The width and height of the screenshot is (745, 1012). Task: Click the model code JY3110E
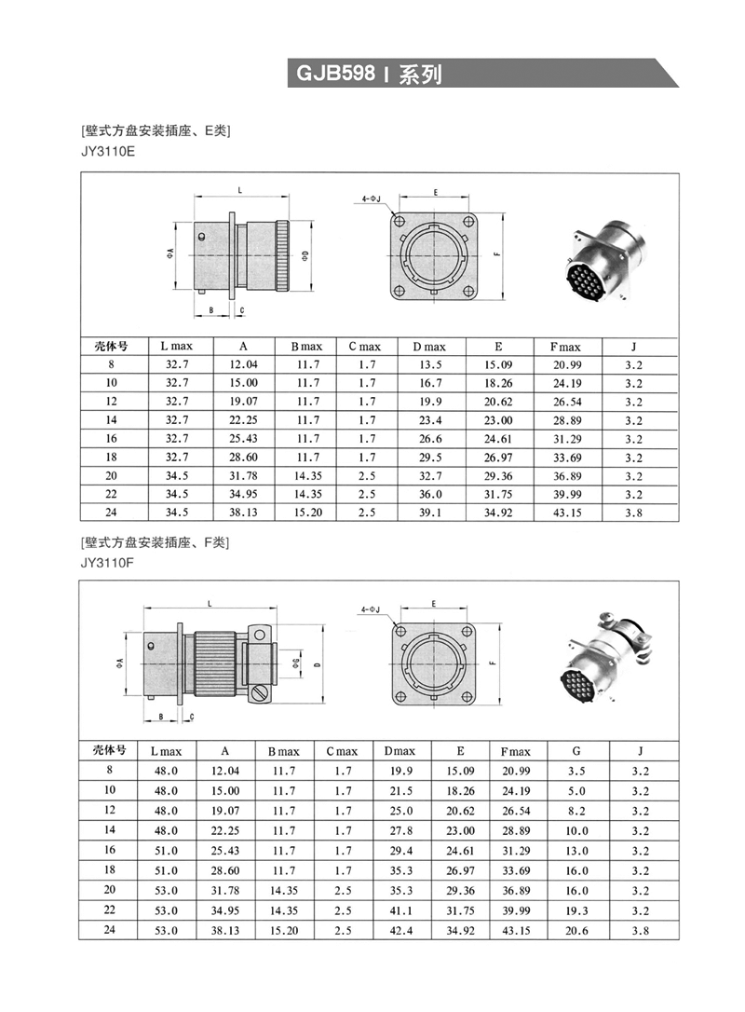tap(108, 151)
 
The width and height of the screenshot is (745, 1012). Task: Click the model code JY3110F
tap(108, 562)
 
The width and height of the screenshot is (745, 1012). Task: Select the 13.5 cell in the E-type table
tap(429, 364)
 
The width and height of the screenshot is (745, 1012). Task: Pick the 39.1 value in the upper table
tap(429, 513)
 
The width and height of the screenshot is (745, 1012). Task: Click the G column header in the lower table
tap(576, 751)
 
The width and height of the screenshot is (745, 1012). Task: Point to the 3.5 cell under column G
tap(576, 771)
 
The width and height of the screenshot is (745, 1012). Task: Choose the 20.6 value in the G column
tap(576, 930)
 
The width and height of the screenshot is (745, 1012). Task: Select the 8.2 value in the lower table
tap(576, 810)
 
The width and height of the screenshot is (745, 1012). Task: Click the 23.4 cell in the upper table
tap(429, 420)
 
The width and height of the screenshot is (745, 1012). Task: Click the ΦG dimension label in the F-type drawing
tap(295, 663)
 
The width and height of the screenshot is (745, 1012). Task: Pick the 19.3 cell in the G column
tap(576, 910)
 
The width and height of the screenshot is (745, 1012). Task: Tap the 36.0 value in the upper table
tap(429, 494)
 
